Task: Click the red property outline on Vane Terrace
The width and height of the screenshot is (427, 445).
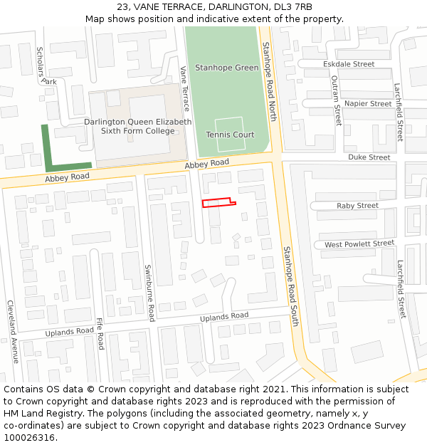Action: point(217,204)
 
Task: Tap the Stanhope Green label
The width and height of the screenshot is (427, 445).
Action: point(226,68)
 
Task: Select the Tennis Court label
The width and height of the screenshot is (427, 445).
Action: point(230,135)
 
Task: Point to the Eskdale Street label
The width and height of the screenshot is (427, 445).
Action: point(349,64)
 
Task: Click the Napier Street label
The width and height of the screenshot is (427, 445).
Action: point(368,104)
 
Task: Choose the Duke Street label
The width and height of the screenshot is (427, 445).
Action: point(369,157)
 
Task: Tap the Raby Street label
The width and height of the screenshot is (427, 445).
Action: point(357,206)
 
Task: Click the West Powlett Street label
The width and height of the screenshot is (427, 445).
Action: point(359,244)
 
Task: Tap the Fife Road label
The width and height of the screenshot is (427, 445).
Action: point(100,333)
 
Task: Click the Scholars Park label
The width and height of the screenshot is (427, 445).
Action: point(46,66)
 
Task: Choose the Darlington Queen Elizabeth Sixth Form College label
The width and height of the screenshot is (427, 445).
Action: point(137,126)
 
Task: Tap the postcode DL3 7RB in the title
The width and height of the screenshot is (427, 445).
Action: point(292,7)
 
